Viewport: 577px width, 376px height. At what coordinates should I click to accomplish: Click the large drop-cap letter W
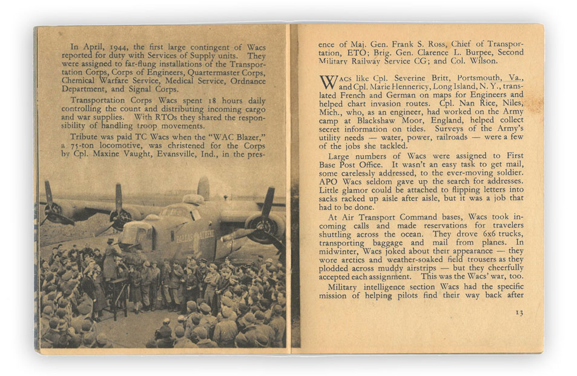(328, 82)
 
